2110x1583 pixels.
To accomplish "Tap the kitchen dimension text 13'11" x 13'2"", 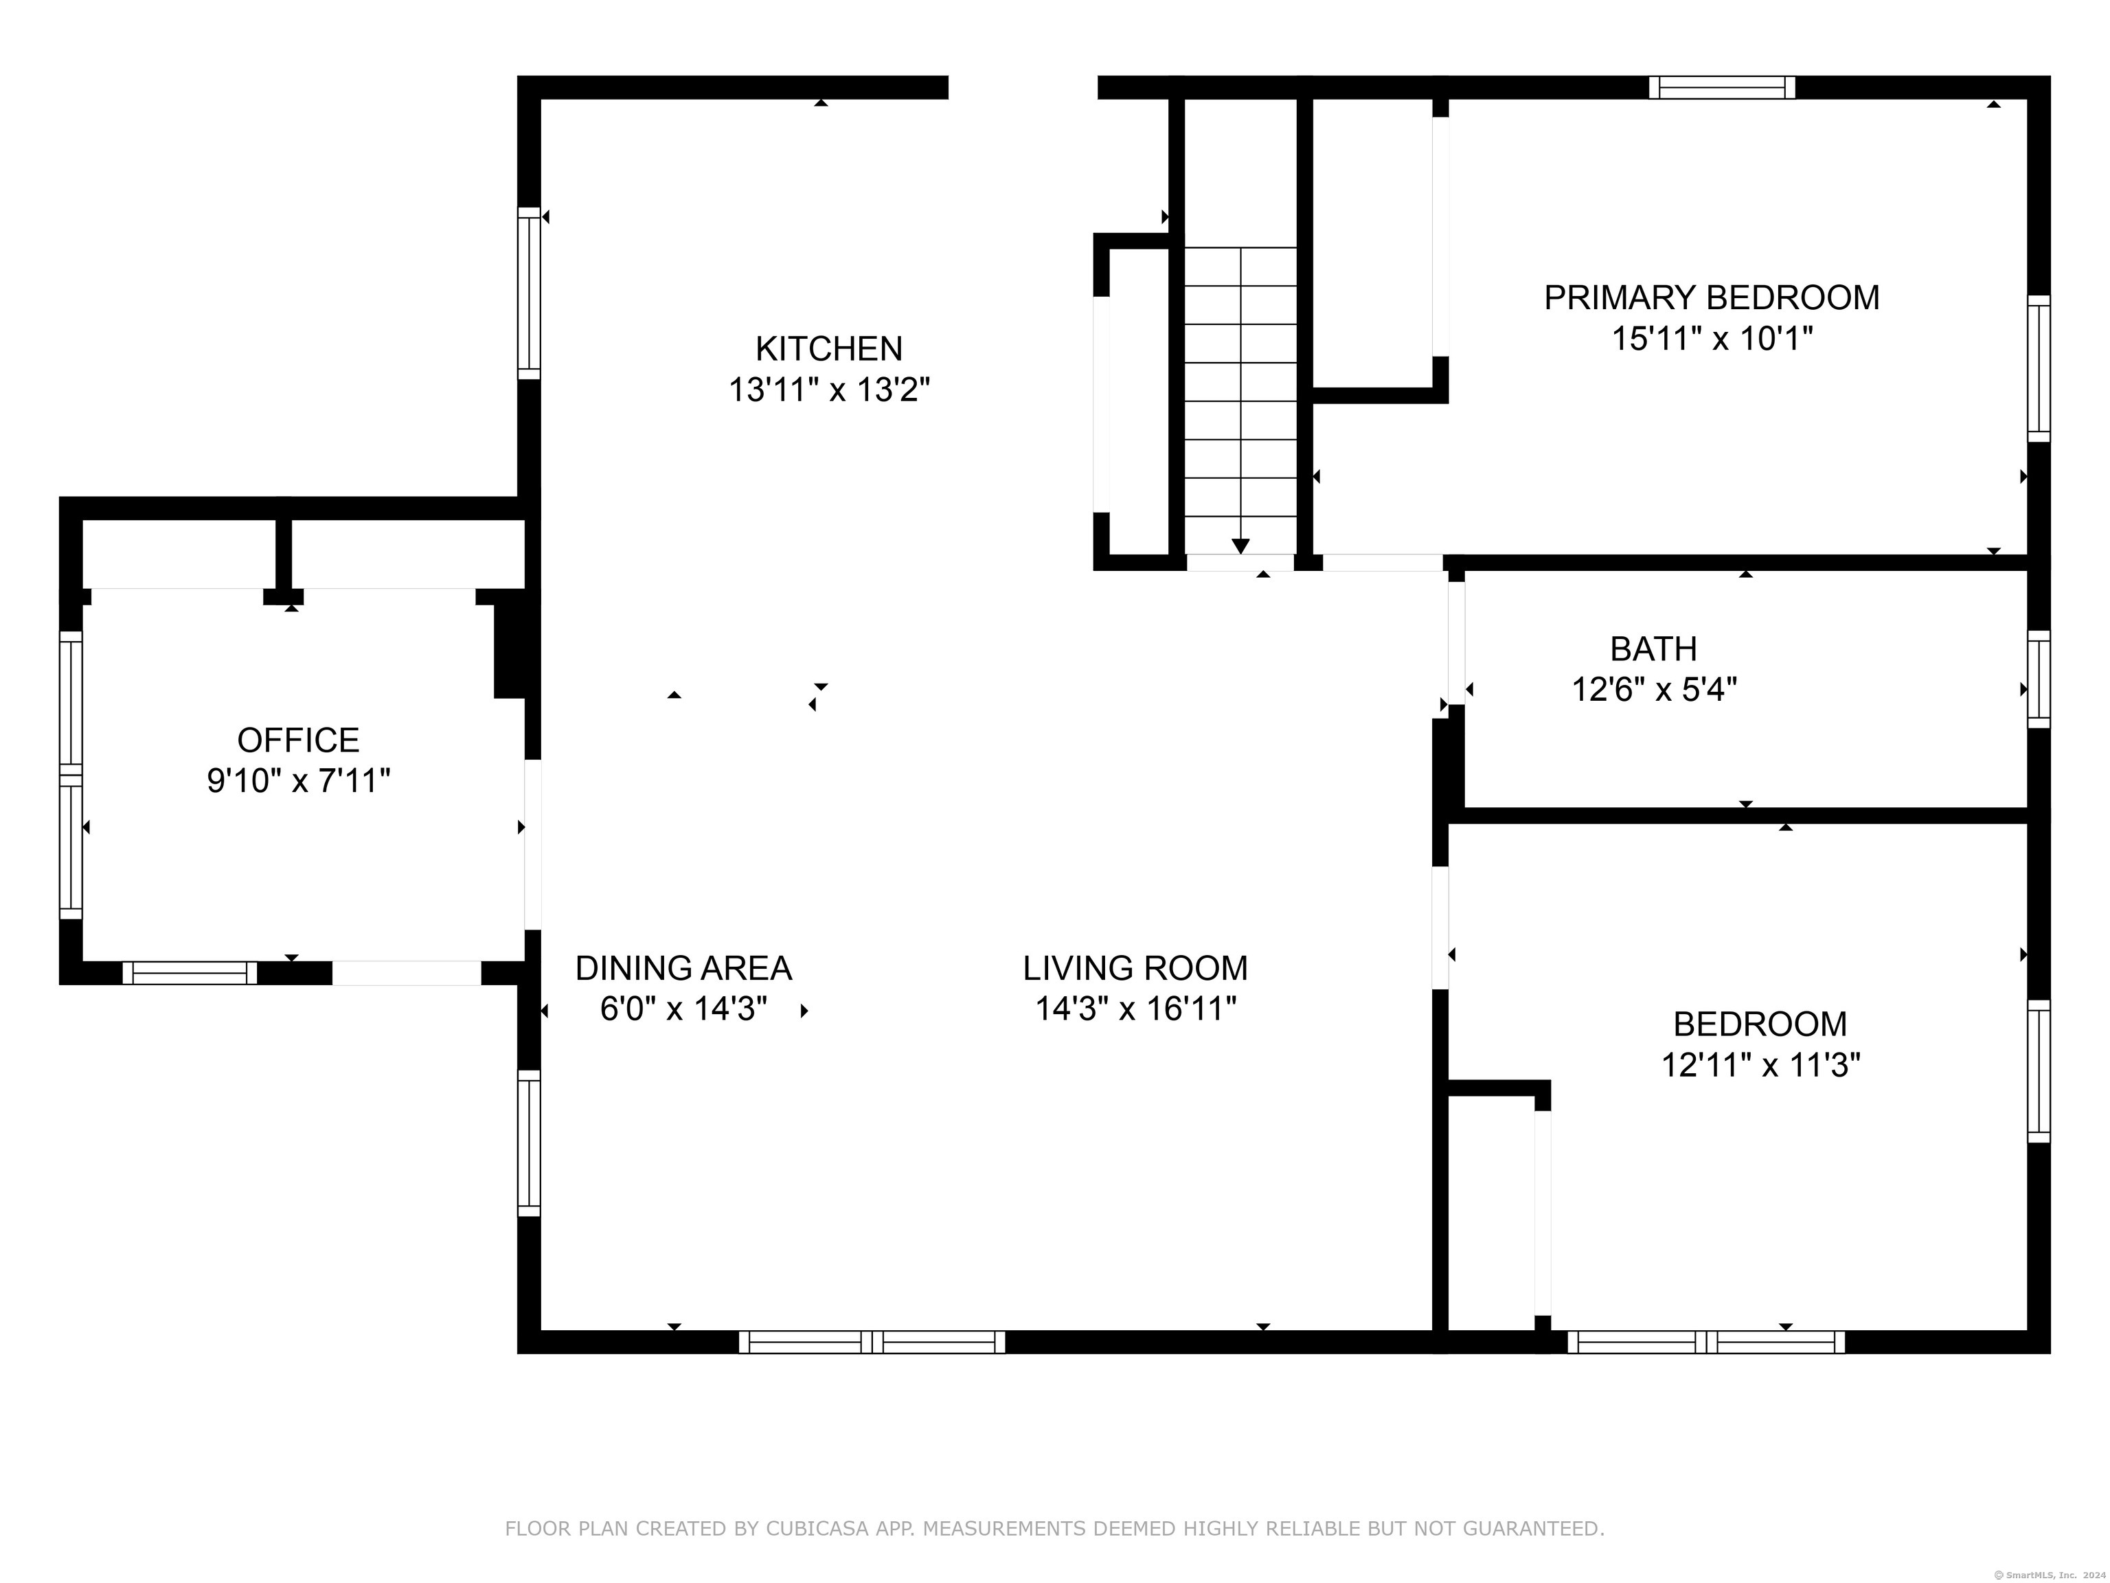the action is point(829,390).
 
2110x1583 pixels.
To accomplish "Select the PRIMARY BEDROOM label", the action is point(1711,297).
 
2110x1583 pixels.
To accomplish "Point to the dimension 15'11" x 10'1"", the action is point(1711,339).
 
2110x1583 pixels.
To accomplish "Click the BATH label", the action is point(1653,649).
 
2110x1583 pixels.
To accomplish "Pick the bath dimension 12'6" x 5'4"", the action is point(1654,689).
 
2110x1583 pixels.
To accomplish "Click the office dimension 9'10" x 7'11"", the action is point(299,781).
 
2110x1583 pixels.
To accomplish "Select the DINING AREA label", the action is point(683,969).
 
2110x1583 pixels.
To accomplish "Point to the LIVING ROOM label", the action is point(1135,969).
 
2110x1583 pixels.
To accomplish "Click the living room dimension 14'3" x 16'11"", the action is point(1135,1009).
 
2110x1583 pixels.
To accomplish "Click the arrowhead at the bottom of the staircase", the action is point(1240,546).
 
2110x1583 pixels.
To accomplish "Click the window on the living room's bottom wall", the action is point(872,1342).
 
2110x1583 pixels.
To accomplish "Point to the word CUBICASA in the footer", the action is point(817,1529).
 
